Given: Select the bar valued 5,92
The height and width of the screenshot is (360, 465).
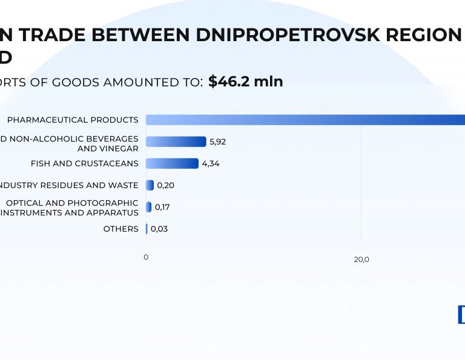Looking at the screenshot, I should coord(176,142).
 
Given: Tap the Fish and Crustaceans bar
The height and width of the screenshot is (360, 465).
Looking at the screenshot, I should coord(172,163).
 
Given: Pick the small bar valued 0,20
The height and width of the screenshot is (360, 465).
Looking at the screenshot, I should coord(150,185).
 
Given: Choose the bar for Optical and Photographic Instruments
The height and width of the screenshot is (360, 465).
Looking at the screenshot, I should coord(149,207).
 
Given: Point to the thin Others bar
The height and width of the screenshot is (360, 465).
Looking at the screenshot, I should coord(147,229).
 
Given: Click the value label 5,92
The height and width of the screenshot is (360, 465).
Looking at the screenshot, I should coord(217,142).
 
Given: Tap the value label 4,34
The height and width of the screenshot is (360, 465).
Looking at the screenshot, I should coord(211,163).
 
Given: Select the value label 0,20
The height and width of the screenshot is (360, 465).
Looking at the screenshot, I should coord(165,185).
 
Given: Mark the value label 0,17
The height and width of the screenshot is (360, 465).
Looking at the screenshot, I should coord(162,207).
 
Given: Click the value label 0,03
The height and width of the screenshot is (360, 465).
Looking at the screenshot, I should coord(159,229).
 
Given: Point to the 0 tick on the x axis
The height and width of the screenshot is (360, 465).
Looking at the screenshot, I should coord(146,257).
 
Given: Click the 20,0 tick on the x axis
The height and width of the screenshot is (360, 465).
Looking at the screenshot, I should coord(361,260).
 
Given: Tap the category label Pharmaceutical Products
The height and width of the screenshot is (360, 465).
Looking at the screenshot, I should coord(73,120).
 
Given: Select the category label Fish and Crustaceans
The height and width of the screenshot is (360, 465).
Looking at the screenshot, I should coord(84,163).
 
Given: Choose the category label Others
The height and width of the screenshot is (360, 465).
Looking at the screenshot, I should coord(120,229).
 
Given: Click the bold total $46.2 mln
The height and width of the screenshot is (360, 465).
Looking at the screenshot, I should coord(246,82).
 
